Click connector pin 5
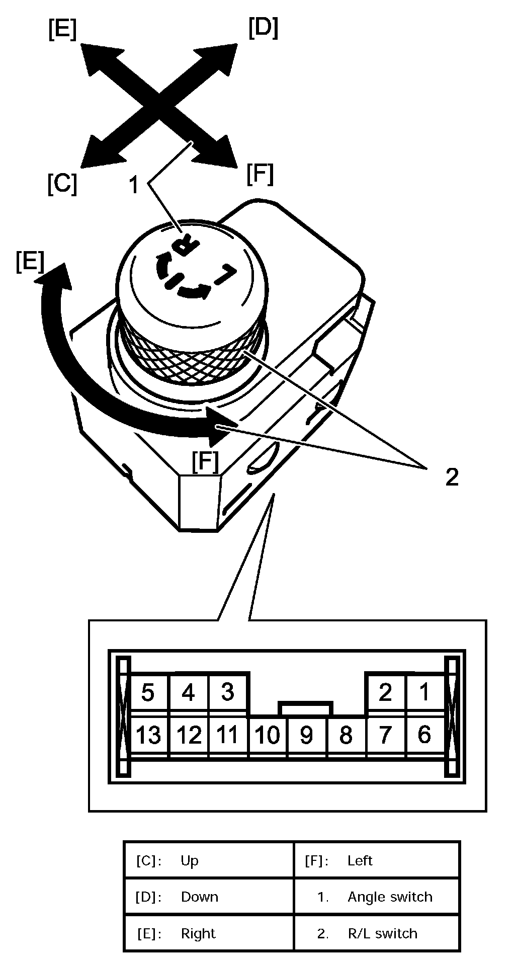click(147, 692)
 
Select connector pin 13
click(148, 736)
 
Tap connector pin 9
click(306, 736)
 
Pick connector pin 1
click(424, 692)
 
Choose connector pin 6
click(424, 735)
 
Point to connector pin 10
click(267, 736)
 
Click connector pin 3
click(227, 692)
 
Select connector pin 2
click(385, 693)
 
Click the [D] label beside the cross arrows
click(263, 29)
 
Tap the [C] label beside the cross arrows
click(62, 184)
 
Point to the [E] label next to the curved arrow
click(30, 262)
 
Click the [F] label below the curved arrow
click(206, 462)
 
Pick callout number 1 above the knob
click(133, 186)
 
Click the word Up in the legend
click(190, 861)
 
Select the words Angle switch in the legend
click(390, 897)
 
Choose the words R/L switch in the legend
click(382, 934)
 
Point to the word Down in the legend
click(199, 897)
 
